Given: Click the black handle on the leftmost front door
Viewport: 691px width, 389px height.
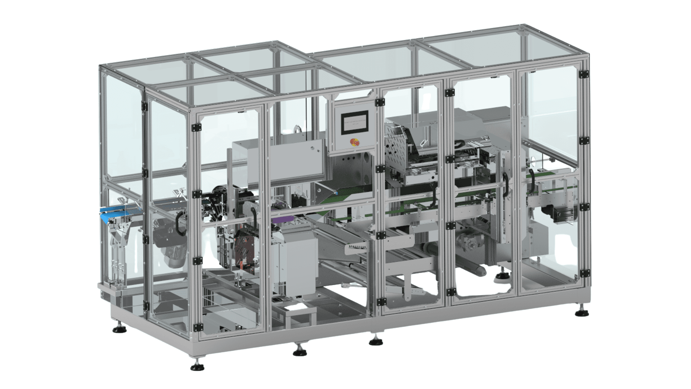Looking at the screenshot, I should click(179, 224).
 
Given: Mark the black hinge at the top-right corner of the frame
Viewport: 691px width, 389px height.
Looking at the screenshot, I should click(583, 74).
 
